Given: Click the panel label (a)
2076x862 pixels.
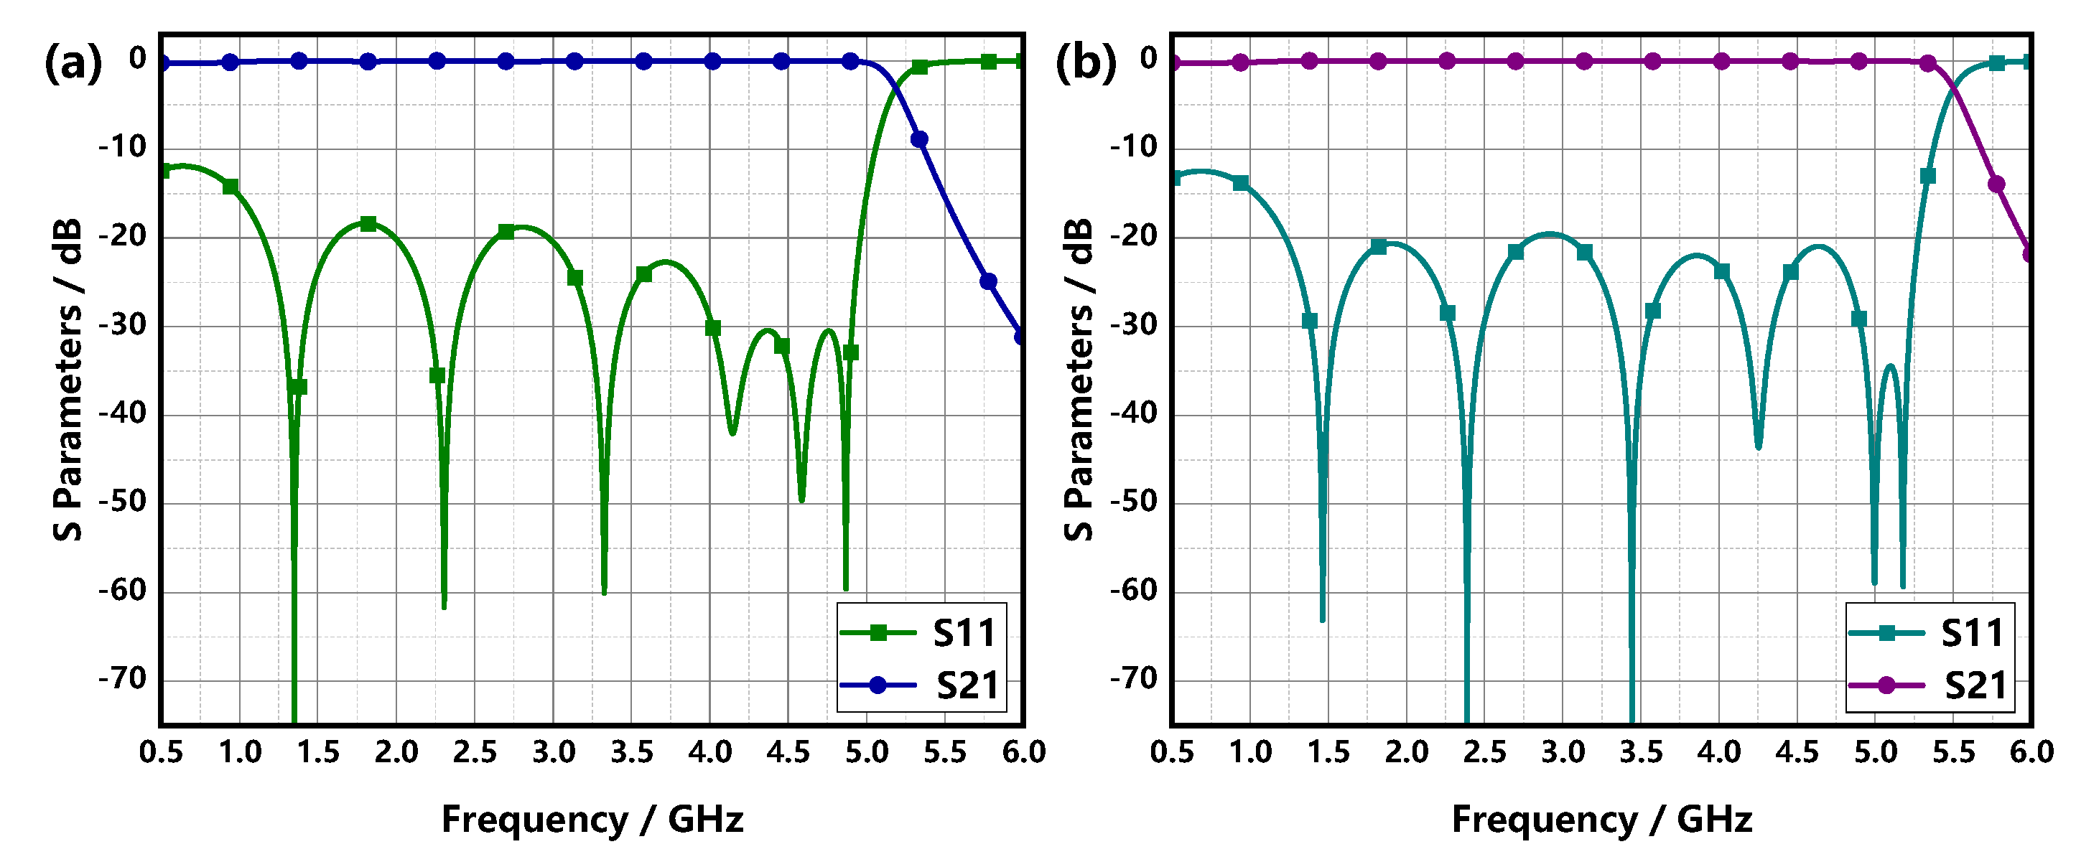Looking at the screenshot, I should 73,62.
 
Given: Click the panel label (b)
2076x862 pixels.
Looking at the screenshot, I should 1086,62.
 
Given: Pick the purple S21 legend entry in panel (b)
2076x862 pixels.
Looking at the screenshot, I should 1931,685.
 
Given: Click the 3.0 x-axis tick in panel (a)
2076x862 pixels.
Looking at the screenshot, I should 554,752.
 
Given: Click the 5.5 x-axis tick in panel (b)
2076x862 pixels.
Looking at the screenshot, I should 1953,752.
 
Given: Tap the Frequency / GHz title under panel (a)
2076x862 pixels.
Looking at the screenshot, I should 592,820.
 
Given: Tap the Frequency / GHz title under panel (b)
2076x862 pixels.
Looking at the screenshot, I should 1602,820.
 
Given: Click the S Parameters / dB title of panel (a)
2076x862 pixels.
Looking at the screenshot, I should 68,379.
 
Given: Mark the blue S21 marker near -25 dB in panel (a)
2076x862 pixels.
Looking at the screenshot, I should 989,281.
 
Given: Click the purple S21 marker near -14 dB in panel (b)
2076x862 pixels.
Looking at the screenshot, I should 1996,184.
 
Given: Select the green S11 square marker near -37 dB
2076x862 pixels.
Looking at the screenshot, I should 299,388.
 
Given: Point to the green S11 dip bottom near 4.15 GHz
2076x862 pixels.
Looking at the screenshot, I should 732,433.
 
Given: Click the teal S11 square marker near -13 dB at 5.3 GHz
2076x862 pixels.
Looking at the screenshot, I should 1927,176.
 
